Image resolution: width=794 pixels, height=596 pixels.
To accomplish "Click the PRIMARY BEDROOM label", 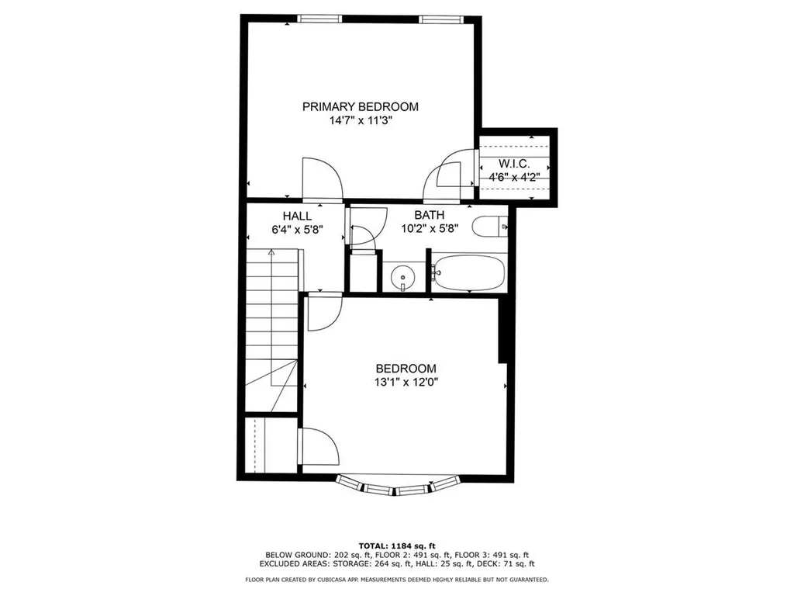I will point(360,107).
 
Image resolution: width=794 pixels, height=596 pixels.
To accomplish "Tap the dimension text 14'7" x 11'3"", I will point(360,121).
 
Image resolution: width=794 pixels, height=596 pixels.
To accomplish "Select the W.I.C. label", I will point(513,164).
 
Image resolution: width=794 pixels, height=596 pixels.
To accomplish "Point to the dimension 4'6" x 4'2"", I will point(513,177).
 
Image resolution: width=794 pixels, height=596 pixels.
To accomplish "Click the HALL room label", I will point(297,216).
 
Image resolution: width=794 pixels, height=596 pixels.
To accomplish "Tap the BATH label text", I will point(429,216).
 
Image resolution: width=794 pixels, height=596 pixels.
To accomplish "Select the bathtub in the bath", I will point(468,272).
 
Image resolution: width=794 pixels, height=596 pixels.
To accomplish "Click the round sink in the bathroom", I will point(402,276).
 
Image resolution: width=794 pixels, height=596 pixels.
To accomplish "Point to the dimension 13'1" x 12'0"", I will point(406,382).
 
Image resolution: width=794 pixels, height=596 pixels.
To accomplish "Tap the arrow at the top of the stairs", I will point(271,253).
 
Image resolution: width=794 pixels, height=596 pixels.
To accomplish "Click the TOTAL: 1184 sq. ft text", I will point(396,545).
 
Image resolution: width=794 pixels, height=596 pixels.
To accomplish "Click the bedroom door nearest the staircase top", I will point(321,312).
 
